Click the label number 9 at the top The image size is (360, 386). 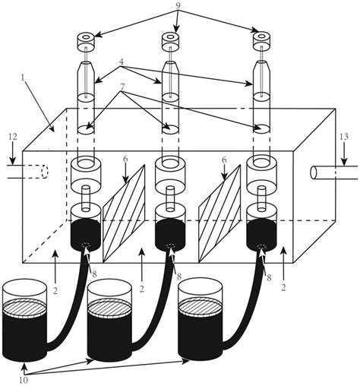(178, 5)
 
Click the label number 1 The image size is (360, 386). (23, 78)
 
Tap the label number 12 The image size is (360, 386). (13, 137)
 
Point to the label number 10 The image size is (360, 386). (24, 380)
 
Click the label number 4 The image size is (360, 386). (122, 62)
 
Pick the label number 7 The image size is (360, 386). (122, 87)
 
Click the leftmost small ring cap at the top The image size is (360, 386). (86, 40)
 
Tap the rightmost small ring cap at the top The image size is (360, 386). (262, 40)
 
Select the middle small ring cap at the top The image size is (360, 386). (170, 40)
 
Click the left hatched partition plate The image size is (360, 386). (124, 214)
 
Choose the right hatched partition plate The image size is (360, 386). (219, 214)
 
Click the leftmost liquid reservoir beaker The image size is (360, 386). (24, 320)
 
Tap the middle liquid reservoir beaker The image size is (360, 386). (109, 320)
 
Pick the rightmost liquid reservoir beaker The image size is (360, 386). (201, 320)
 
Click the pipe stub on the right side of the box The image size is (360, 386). (333, 172)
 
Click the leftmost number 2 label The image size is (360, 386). (55, 291)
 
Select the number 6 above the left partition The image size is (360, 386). (125, 160)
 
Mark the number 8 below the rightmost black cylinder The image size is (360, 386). (269, 277)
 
